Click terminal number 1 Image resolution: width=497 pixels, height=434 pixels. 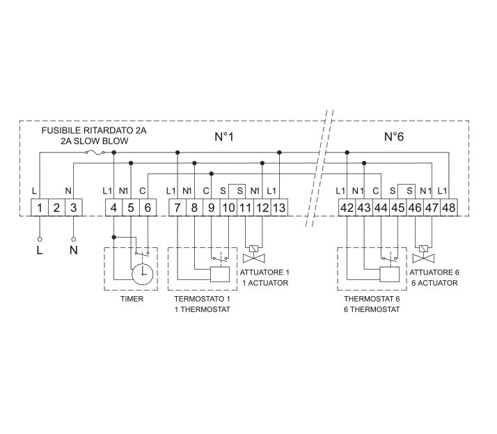pyautogui.click(x=40, y=207)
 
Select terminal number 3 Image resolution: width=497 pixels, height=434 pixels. pyautogui.click(x=73, y=207)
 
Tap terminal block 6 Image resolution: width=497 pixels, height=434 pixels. pyautogui.click(x=147, y=207)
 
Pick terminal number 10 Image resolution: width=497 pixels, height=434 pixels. pyautogui.click(x=228, y=207)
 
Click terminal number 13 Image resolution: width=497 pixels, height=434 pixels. pyautogui.click(x=278, y=207)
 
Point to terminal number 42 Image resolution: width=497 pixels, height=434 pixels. pyautogui.click(x=347, y=207)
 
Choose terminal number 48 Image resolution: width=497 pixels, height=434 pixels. pyautogui.click(x=448, y=207)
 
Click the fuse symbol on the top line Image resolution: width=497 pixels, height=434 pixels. pyautogui.click(x=94, y=152)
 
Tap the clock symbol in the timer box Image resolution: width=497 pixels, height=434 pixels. pyautogui.click(x=143, y=274)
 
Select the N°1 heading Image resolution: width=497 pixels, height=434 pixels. pyautogui.click(x=223, y=137)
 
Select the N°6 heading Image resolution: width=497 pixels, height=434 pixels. pyautogui.click(x=394, y=137)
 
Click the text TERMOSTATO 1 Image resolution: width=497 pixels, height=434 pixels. pyautogui.click(x=201, y=299)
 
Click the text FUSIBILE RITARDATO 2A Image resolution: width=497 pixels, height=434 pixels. pyautogui.click(x=94, y=130)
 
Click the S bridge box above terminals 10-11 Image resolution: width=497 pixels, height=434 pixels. pyautogui.click(x=237, y=190)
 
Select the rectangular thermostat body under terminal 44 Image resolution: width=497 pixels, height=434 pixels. pyautogui.click(x=390, y=274)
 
